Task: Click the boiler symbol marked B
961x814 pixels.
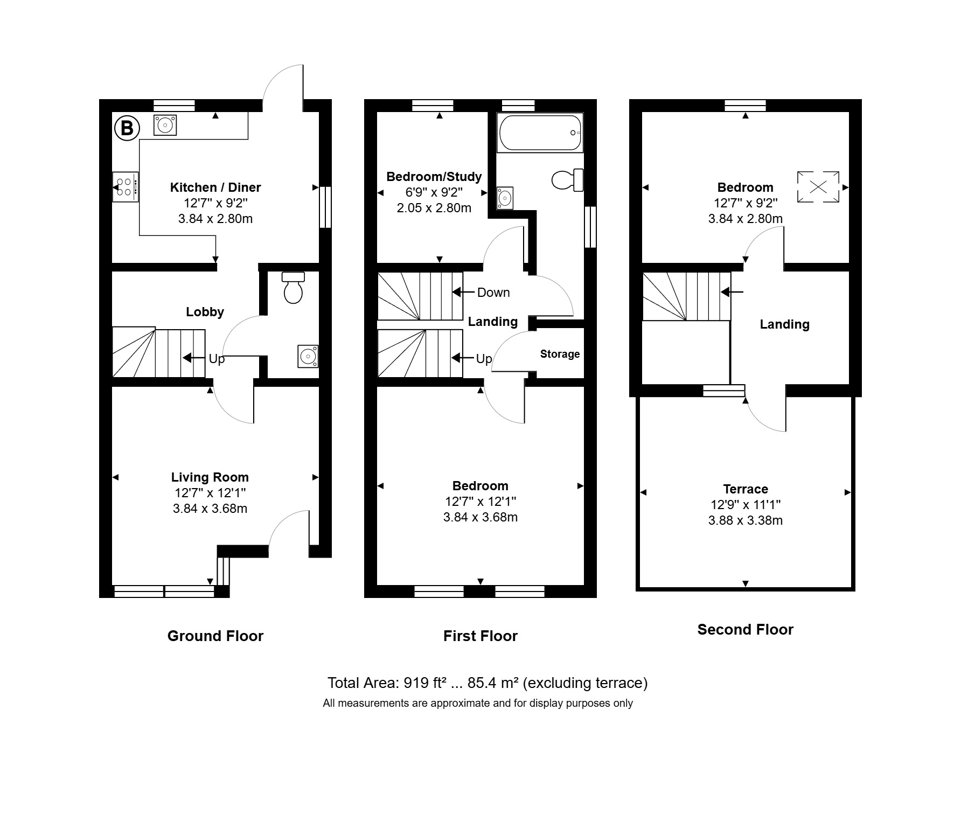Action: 127,128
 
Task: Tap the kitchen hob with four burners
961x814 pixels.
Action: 125,187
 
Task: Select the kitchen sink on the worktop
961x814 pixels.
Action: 165,125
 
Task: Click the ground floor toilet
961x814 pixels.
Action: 293,288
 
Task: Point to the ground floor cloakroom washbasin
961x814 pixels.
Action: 308,356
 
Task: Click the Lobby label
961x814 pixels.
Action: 205,312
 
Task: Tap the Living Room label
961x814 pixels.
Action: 210,477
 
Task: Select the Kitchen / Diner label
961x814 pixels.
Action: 215,187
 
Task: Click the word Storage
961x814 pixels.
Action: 560,354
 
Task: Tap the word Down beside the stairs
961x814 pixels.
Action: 493,293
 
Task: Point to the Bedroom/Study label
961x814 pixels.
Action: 434,177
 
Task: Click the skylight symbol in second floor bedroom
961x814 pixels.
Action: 818,187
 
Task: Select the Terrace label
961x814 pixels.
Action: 746,489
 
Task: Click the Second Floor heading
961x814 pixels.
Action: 746,630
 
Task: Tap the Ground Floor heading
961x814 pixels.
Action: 215,636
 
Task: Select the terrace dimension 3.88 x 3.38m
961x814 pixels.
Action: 746,520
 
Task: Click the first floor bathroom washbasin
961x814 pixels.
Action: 505,198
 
